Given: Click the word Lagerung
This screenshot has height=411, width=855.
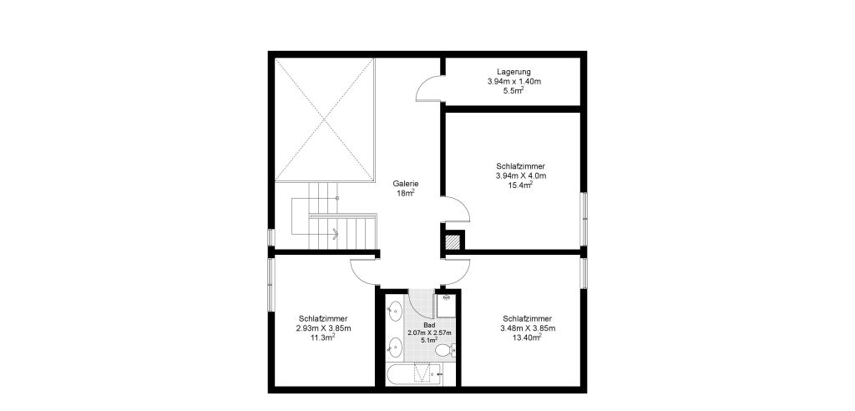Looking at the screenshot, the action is (x=514, y=72).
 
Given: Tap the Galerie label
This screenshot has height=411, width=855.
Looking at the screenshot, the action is (x=406, y=184).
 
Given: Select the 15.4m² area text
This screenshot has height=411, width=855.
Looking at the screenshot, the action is (x=521, y=185).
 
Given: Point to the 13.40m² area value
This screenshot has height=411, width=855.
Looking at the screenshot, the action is (x=528, y=337).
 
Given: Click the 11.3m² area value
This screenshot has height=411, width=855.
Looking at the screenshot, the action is (x=323, y=337).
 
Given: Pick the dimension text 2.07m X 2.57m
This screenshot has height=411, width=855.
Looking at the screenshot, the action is (x=430, y=332).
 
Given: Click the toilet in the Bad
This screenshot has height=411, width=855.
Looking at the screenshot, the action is (x=446, y=350).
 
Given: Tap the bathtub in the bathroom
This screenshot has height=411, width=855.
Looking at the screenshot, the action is (x=414, y=374).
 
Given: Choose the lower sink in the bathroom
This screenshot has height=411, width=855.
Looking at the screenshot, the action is (x=394, y=346).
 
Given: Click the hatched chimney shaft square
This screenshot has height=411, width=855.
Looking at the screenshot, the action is (x=453, y=241).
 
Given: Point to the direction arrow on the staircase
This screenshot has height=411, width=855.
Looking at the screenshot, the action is (x=335, y=235).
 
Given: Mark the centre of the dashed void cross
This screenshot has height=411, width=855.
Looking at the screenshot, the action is (x=324, y=119).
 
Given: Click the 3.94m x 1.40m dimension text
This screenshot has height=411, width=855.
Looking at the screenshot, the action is (x=514, y=82).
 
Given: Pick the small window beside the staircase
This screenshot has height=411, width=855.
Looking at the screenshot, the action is (x=271, y=237).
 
